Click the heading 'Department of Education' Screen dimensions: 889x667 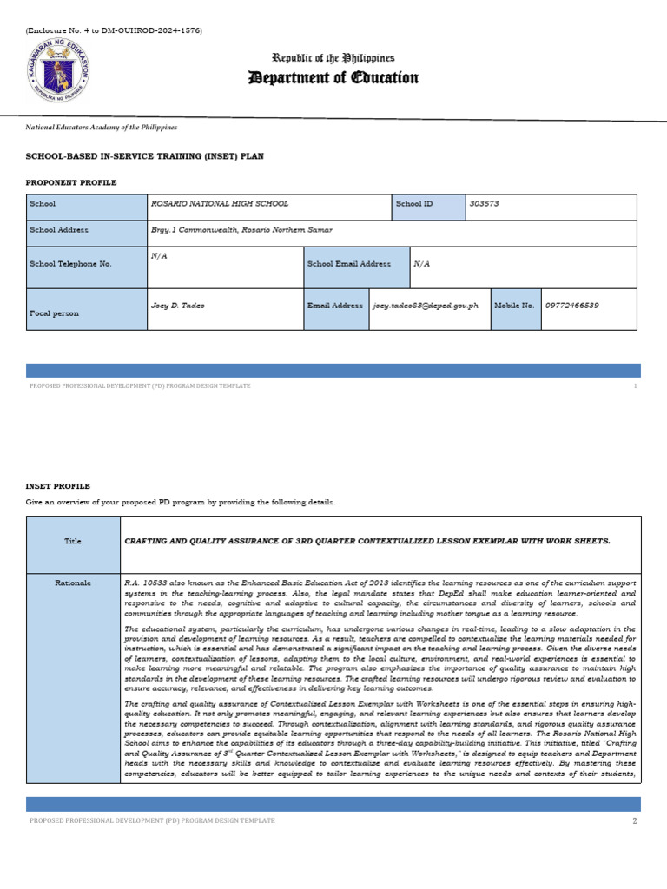click(x=333, y=78)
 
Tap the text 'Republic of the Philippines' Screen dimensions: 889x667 click(x=333, y=57)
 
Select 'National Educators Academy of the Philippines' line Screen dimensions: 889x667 click(x=101, y=127)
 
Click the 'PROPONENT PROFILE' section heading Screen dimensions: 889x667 click(x=71, y=183)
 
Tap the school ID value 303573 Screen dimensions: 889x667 click(x=484, y=203)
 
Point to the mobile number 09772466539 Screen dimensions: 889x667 click(x=572, y=306)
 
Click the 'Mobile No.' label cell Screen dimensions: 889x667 click(x=514, y=306)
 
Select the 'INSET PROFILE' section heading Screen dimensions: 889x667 click(x=57, y=486)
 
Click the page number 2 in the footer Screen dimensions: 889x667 click(x=635, y=820)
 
